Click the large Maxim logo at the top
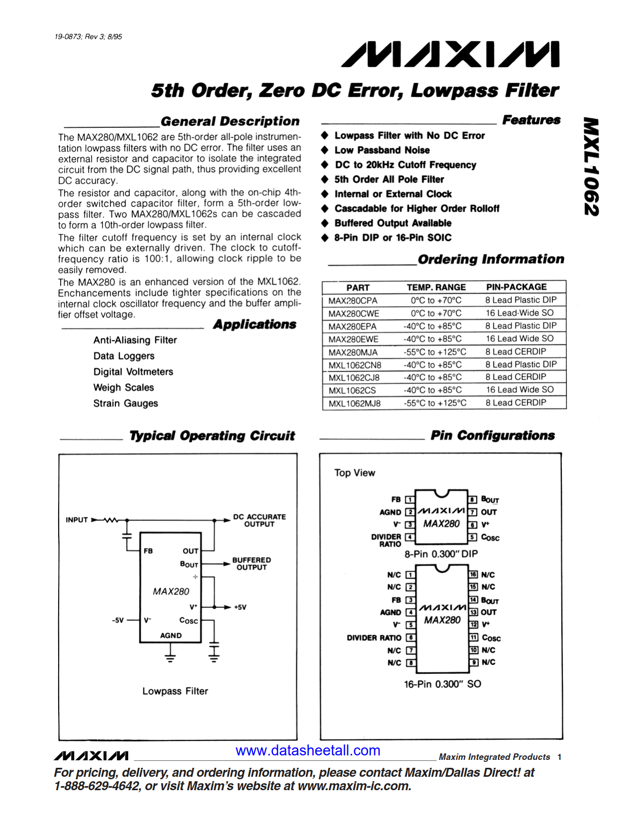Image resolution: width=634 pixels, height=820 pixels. coord(450,55)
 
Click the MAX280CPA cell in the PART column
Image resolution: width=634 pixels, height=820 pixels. coord(353,301)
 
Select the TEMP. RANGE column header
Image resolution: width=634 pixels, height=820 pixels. coord(436,287)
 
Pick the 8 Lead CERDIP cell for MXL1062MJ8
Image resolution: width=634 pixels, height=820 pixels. coord(516,403)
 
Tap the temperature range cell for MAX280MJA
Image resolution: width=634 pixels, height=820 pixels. coord(435,352)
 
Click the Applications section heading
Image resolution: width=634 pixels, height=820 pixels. coord(255,325)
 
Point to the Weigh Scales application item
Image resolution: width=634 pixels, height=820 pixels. coord(123,388)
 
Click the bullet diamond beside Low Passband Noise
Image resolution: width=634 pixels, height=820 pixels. coord(325,150)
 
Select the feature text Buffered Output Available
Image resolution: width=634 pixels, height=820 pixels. coord(393,223)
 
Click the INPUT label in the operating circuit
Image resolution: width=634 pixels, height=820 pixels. coord(77,520)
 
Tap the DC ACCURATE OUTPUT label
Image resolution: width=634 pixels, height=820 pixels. coord(259,520)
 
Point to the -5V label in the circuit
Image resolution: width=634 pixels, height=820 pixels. coord(117,620)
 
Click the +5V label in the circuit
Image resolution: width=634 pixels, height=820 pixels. coord(240,607)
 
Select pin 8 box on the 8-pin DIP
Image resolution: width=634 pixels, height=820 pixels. coord(473,499)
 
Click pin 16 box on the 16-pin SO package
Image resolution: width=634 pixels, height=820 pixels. coord(473,574)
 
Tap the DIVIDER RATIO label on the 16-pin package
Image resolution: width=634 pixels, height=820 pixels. coord(374,638)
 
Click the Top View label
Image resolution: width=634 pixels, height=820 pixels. coord(355,473)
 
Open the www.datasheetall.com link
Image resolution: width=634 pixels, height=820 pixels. coord(308,750)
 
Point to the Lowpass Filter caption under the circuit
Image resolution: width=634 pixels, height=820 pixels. coord(175,691)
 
